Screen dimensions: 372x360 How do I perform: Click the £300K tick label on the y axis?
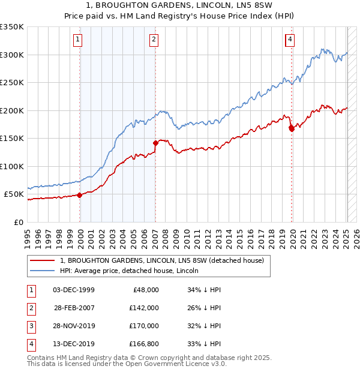(x=12, y=55)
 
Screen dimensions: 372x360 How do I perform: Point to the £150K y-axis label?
(x=12, y=138)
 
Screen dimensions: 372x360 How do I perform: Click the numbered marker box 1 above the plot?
(x=79, y=40)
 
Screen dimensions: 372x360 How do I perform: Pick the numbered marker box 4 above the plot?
(x=290, y=40)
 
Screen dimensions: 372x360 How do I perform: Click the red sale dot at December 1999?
(x=79, y=195)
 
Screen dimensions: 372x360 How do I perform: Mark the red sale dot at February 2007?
(x=155, y=143)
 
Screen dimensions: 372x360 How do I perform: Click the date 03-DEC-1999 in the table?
(x=74, y=290)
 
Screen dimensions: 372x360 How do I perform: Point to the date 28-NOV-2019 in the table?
(x=74, y=326)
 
